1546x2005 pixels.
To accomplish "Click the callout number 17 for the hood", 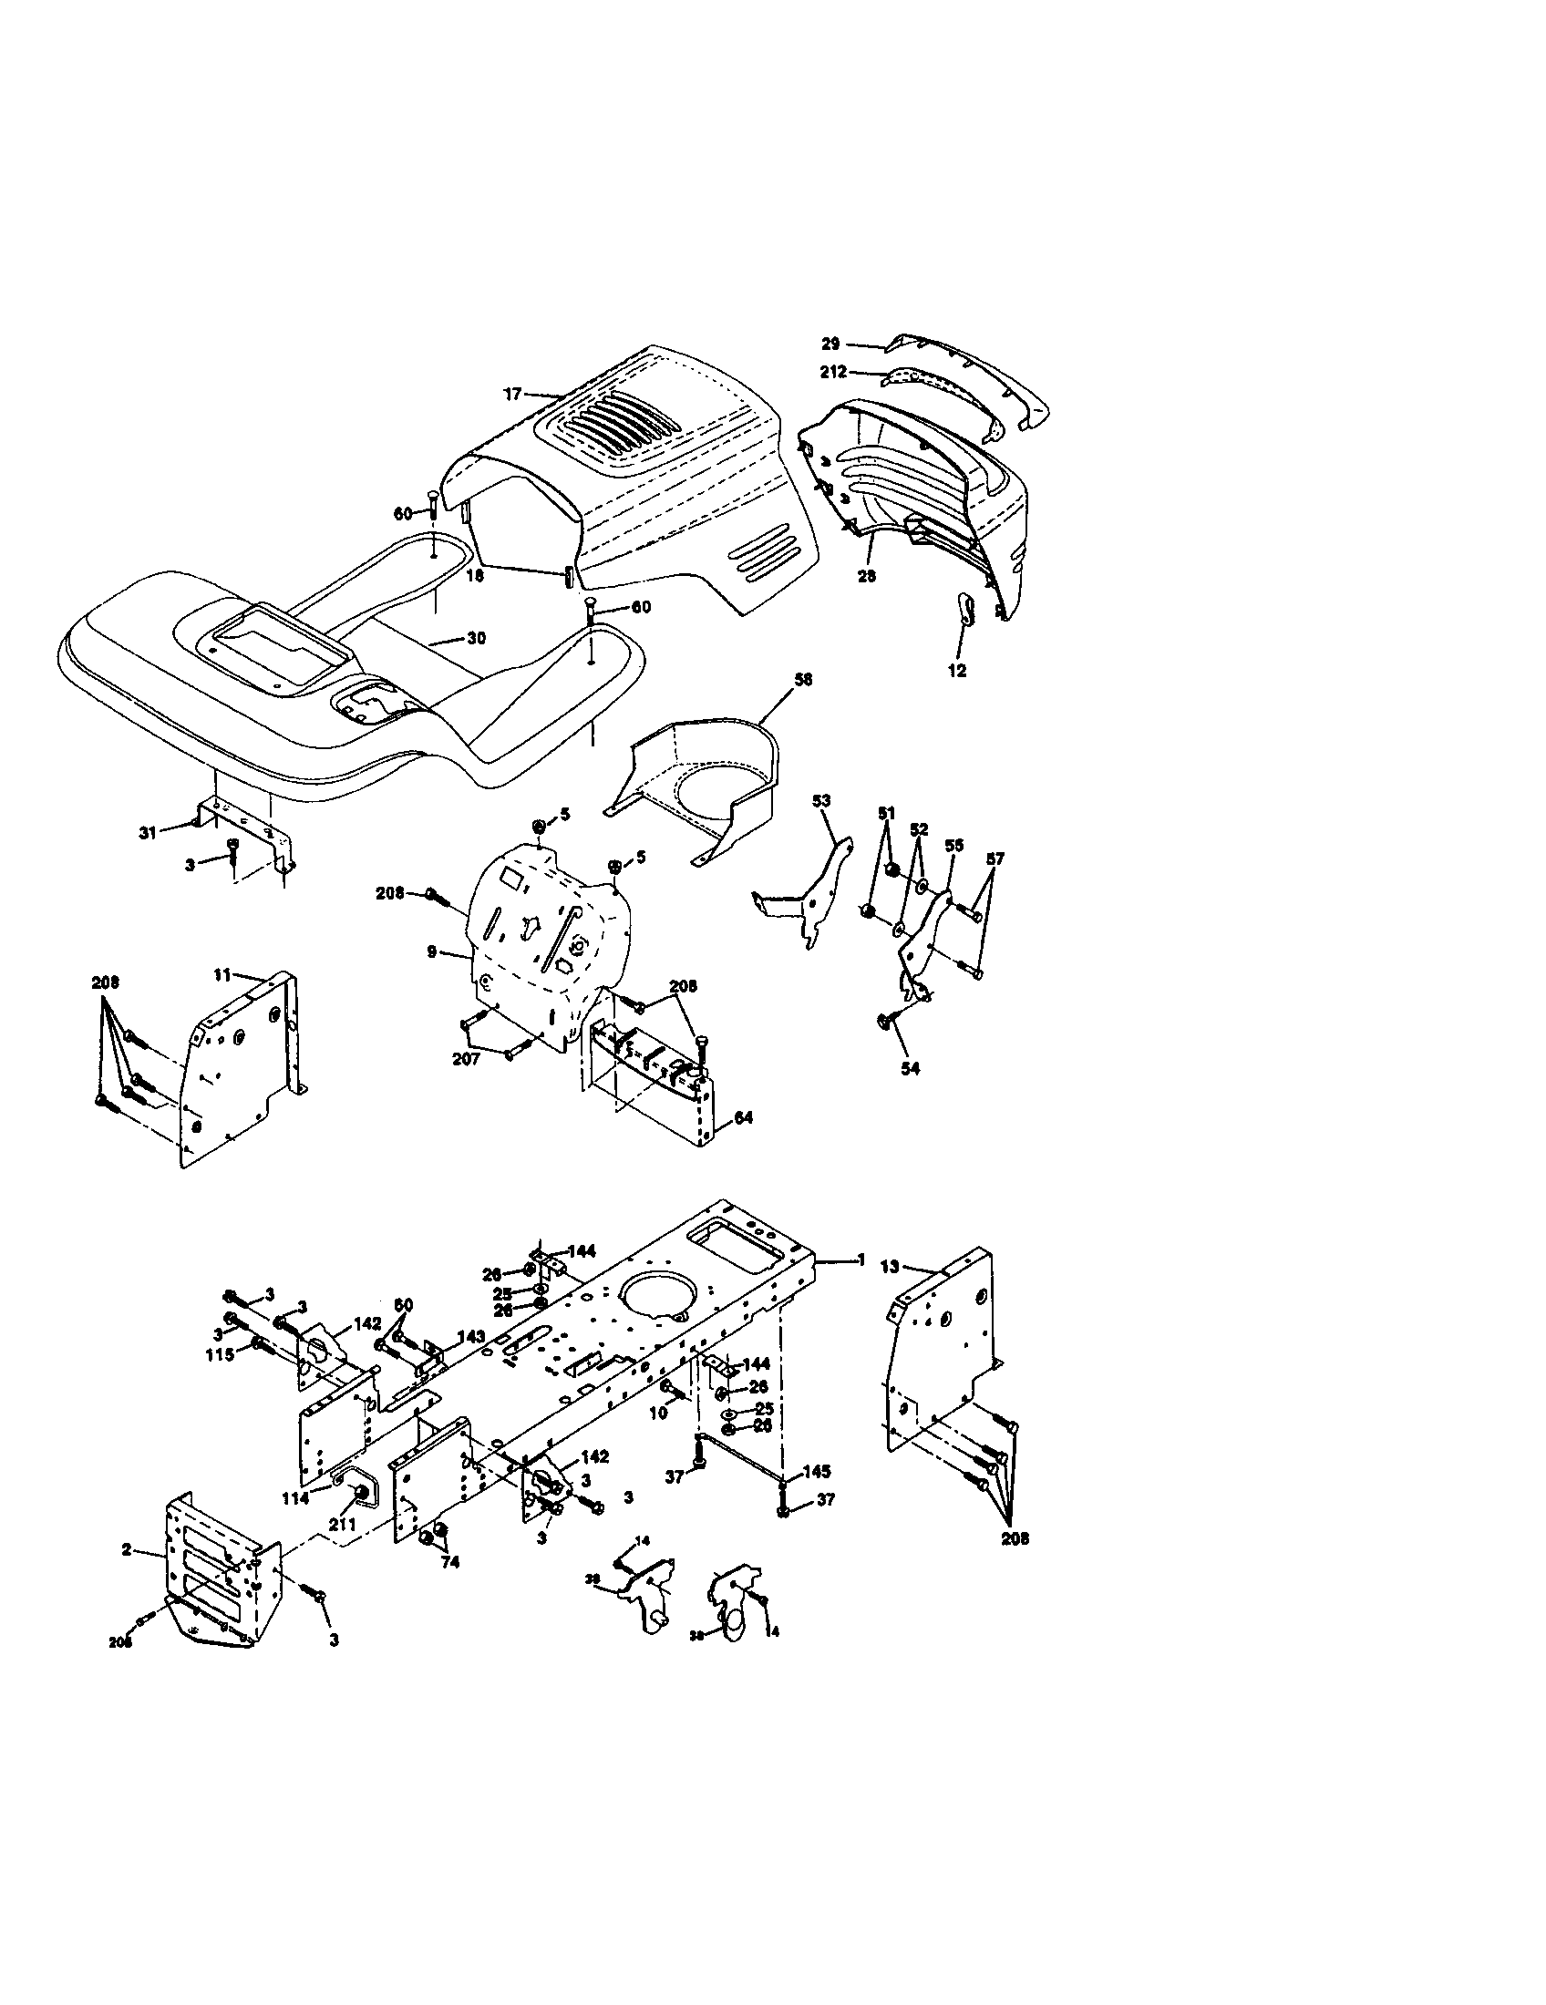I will pos(511,394).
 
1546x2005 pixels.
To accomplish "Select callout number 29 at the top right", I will pos(830,344).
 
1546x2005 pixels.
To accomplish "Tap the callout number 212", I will pos(834,373).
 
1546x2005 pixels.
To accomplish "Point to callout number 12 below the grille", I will pos(956,671).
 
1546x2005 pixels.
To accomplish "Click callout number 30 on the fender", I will pos(476,638).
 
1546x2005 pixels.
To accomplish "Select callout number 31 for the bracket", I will pos(148,832).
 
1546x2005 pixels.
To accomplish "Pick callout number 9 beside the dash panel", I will pos(431,953).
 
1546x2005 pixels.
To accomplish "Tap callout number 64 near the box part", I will pos(744,1117).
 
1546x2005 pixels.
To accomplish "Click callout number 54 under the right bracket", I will pos(910,1069).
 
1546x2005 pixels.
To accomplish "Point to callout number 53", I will pos(820,800).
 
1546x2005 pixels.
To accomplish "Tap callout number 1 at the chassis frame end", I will pos(861,1260).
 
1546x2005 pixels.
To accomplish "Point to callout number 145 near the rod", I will pos(816,1472).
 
